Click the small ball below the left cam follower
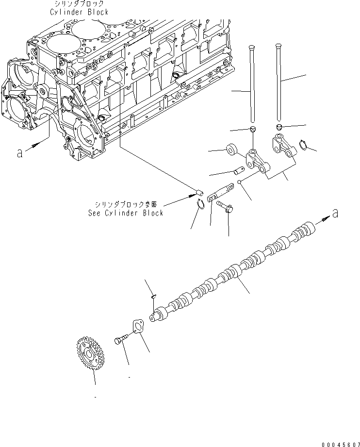[x=240, y=182]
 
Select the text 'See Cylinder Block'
[x=126, y=213]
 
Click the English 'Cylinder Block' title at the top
[x=79, y=12]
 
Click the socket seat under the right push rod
[x=279, y=127]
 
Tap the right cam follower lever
[x=283, y=146]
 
